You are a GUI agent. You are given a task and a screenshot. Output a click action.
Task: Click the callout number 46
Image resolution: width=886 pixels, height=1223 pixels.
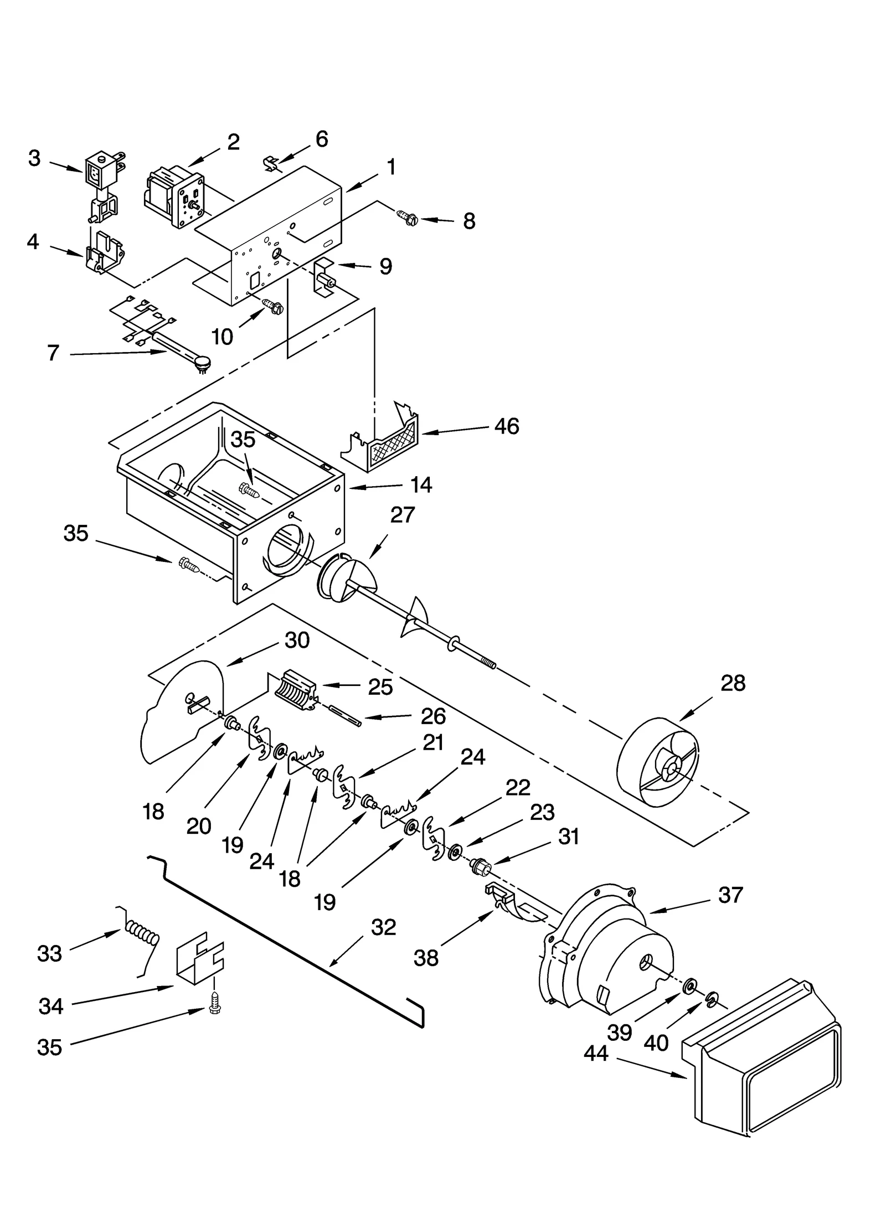(506, 426)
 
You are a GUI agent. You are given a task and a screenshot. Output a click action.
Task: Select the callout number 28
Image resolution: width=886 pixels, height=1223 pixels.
(733, 683)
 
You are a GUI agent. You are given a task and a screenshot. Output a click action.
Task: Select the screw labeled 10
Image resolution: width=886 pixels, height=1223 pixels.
(274, 305)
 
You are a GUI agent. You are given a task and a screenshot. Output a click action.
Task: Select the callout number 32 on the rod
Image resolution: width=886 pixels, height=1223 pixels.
(384, 927)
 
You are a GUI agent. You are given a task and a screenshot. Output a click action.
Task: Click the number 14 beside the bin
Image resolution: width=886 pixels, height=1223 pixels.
(421, 485)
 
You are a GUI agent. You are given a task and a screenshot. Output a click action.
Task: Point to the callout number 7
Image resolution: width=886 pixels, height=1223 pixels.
(53, 353)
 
